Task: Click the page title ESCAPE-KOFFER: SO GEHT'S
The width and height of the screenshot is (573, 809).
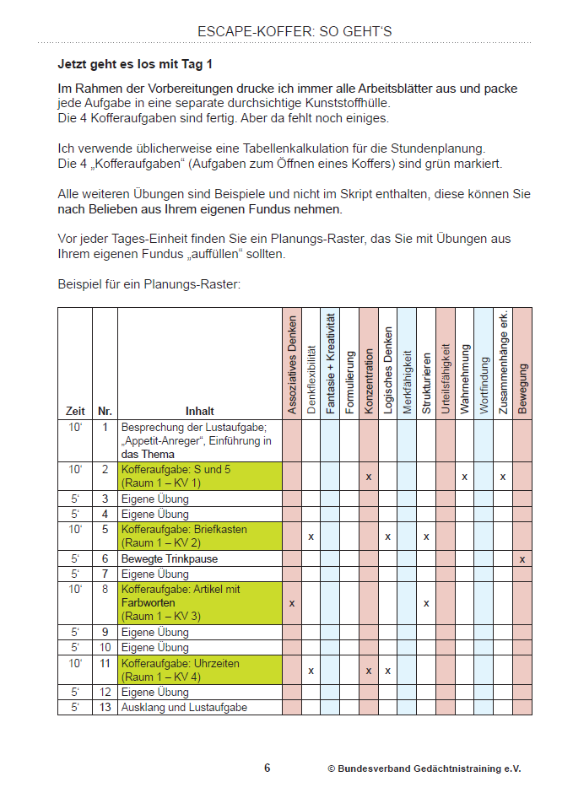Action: pos(295,32)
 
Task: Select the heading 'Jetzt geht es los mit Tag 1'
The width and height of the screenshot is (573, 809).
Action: pos(134,63)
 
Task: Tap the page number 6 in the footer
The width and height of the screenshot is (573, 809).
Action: pos(268,768)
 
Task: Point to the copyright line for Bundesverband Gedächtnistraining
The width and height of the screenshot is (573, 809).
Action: pos(424,769)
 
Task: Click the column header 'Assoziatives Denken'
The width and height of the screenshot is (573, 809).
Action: pos(292,364)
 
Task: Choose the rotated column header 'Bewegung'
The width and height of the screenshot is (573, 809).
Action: pos(522,389)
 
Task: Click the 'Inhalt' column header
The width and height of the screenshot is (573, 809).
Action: pos(199,411)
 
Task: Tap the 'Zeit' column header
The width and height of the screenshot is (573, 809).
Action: pos(75,411)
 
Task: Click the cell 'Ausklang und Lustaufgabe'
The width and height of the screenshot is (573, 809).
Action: pos(184,707)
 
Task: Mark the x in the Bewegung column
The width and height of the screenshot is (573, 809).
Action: pos(522,558)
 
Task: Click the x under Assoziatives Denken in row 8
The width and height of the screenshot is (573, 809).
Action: pos(292,603)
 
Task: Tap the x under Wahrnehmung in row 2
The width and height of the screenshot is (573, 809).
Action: pos(464,477)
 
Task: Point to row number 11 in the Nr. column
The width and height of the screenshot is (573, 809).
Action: pos(105,663)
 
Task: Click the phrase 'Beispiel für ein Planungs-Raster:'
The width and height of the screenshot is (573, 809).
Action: pos(149,284)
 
